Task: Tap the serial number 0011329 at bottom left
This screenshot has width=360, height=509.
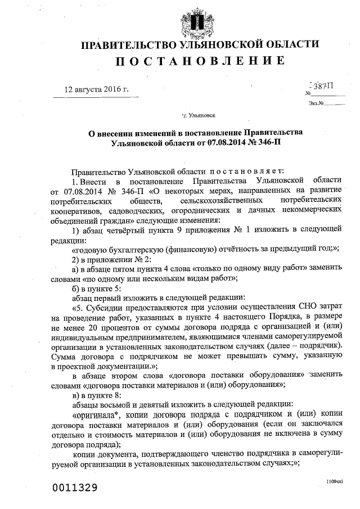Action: [75, 486]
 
